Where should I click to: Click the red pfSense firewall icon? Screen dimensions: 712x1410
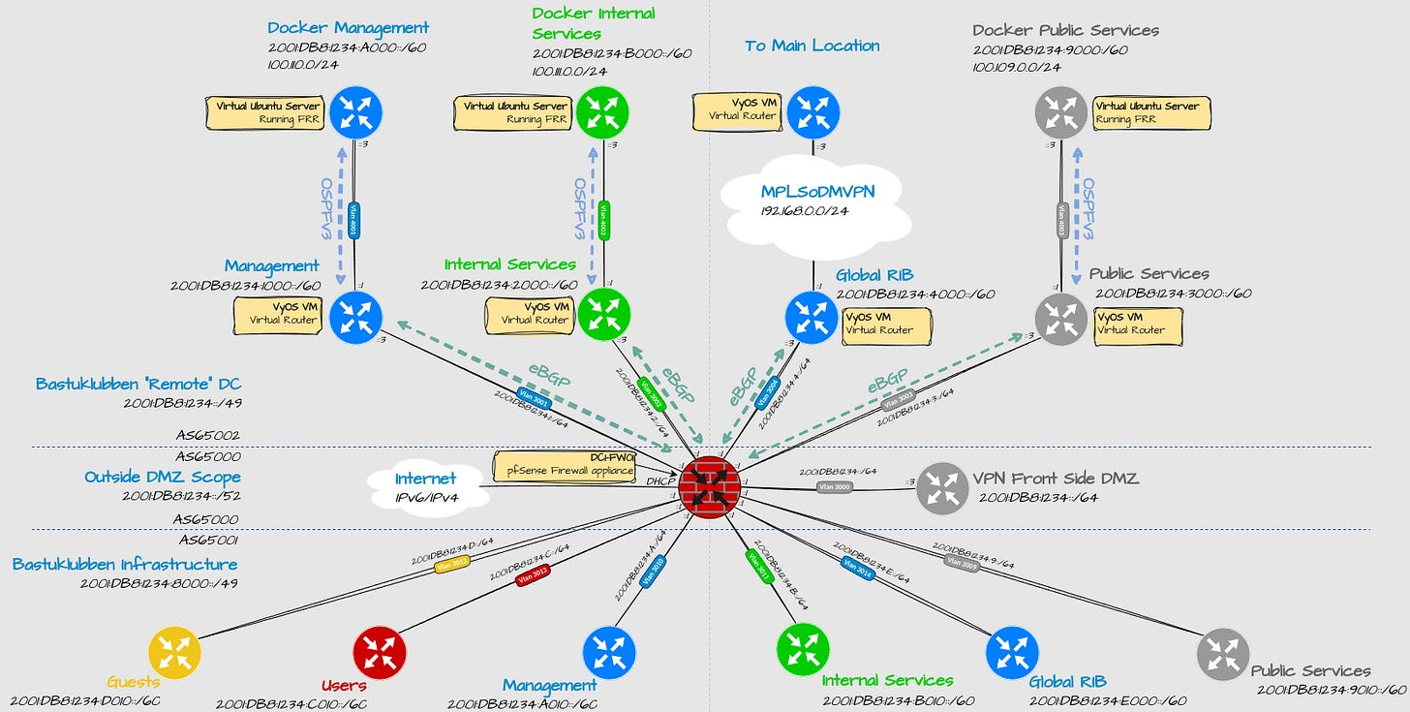coord(710,488)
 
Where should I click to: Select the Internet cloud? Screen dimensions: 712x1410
coord(426,487)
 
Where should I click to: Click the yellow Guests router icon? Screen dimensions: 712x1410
coord(175,652)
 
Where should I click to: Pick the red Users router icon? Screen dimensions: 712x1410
coord(380,652)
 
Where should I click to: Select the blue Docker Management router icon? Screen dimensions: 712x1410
coord(355,113)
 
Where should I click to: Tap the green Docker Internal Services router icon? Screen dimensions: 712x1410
coord(603,113)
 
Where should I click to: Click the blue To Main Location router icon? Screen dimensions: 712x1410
coord(812,113)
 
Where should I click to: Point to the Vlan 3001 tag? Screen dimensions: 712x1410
coord(534,395)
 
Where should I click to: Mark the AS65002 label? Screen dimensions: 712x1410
coord(207,436)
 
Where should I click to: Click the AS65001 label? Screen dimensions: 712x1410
coord(207,540)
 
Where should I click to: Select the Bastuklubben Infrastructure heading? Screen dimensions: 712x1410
coord(124,564)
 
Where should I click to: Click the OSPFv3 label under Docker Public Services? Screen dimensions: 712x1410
coord(1088,209)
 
